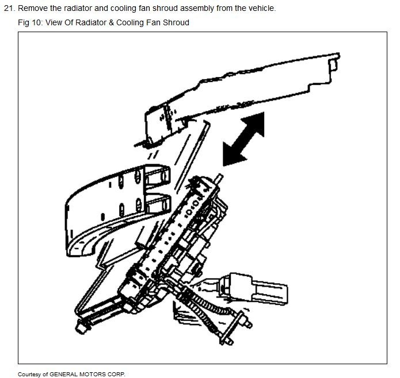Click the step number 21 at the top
point(8,9)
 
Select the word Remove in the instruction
point(32,9)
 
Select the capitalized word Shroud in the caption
point(176,22)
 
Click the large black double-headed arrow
point(243,140)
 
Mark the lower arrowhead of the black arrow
point(230,156)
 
